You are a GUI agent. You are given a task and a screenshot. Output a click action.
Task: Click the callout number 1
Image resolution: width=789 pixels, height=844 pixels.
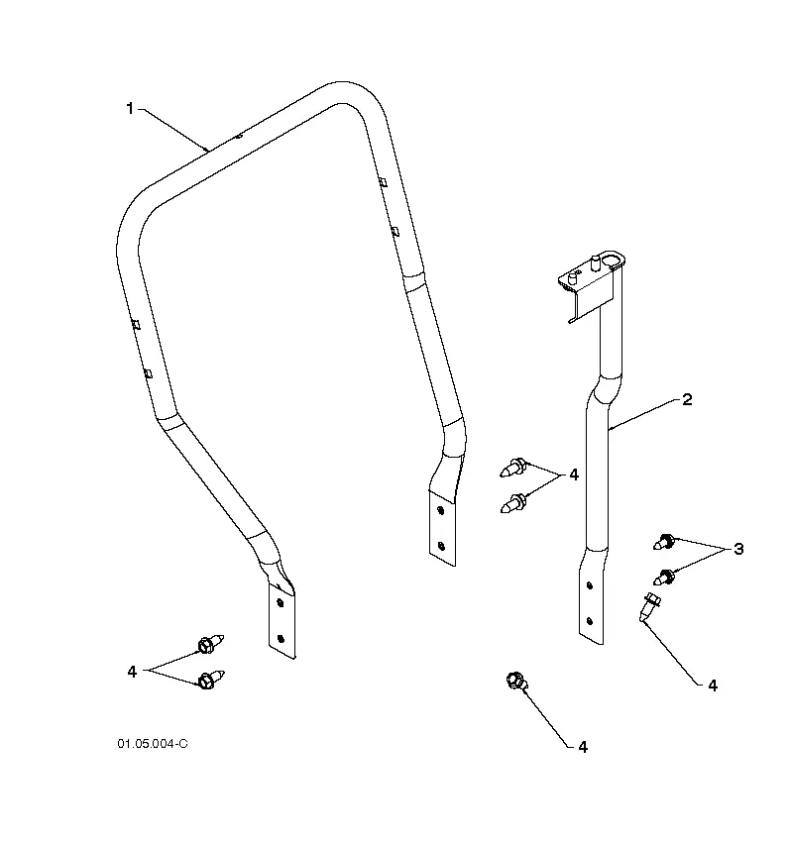point(129,109)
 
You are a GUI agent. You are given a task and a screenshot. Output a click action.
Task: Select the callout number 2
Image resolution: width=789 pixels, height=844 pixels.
point(687,399)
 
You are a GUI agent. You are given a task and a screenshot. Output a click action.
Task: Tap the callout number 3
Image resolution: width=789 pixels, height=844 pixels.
point(738,549)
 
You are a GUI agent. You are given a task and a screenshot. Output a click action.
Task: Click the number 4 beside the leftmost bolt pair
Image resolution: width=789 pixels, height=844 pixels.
point(132,672)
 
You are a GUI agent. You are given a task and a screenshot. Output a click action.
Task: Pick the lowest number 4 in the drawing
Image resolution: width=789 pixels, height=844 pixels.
point(583,747)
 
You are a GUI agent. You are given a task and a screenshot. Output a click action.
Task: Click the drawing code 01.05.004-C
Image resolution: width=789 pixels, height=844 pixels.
point(153,744)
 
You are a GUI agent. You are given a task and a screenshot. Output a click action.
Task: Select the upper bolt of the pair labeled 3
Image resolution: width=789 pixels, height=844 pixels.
point(664,541)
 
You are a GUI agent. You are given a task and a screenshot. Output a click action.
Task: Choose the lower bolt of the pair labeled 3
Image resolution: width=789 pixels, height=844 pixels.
point(664,577)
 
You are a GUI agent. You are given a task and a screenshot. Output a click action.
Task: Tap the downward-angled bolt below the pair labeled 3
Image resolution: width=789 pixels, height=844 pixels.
point(649,606)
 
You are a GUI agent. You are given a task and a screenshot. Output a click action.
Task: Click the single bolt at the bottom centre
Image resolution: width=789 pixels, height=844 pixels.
point(517,681)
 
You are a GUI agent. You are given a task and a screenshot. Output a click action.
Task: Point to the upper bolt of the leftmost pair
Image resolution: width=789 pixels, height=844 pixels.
point(210,643)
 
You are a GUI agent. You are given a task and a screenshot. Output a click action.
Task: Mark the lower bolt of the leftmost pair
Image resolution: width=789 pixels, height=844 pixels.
point(210,680)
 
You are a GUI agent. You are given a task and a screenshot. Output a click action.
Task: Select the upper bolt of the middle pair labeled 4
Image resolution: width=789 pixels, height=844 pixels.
point(513,468)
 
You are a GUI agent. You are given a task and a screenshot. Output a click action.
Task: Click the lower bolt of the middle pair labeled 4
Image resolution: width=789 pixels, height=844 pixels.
point(513,503)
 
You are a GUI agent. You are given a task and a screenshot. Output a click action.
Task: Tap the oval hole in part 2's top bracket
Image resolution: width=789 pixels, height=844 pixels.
point(611,262)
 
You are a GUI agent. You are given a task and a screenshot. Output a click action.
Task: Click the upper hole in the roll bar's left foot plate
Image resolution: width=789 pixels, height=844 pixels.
point(280,603)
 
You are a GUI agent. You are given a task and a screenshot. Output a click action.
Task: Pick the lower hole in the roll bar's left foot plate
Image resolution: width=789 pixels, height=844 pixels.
point(281,639)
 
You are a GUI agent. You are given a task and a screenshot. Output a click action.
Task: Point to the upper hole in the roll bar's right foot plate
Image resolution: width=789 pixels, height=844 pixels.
point(440,510)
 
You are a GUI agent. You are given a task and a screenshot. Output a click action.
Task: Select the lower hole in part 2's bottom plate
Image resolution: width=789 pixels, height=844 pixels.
point(590,621)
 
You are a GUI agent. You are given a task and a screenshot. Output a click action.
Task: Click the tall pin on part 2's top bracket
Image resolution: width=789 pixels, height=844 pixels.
point(595,263)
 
